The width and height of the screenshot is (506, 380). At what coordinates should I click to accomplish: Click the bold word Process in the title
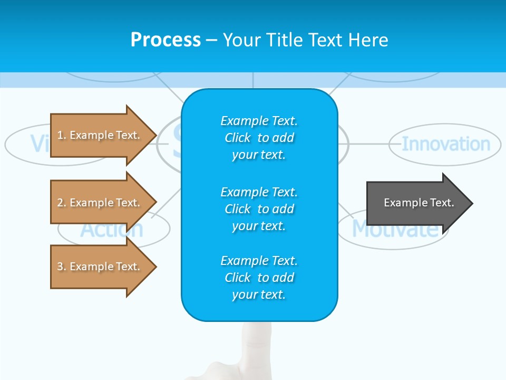(166, 40)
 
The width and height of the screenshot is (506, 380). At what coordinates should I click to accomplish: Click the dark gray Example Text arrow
(416, 203)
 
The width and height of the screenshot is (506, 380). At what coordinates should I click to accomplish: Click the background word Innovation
(445, 144)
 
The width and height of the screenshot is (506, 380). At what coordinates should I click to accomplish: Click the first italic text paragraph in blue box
(259, 138)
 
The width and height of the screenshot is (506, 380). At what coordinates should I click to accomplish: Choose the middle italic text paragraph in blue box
(259, 209)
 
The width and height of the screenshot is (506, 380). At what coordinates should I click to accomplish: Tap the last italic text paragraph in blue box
(259, 278)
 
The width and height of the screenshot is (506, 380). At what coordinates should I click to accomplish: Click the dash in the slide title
(211, 40)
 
